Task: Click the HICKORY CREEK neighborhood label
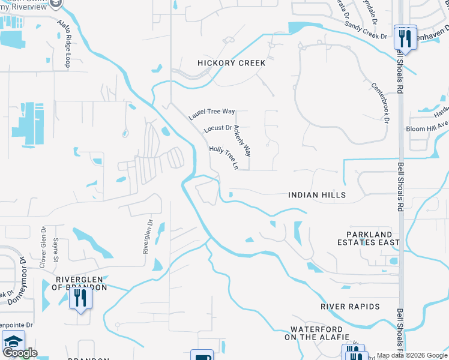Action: tap(232, 62)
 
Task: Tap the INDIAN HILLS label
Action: tap(316, 195)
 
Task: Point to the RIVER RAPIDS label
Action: tap(350, 307)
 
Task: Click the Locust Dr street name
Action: tap(217, 128)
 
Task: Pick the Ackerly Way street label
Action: tap(243, 141)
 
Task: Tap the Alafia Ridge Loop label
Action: tap(63, 43)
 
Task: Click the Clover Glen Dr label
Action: tap(43, 247)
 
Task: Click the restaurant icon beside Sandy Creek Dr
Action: tap(405, 38)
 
